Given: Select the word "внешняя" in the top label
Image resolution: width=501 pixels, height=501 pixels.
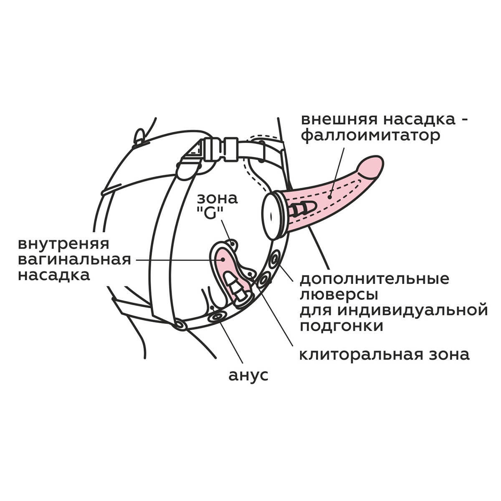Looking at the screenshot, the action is coord(339,120).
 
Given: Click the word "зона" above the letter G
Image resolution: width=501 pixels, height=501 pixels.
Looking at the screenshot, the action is coord(218,199).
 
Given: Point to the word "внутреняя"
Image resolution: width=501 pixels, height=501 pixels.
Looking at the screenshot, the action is coord(63,244).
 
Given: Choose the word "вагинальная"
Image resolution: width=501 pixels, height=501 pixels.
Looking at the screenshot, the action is coord(75,260).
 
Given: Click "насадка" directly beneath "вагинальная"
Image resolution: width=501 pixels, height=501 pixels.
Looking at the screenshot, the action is coord(54,276).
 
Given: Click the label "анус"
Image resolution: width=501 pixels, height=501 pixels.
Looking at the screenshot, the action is coord(248,375).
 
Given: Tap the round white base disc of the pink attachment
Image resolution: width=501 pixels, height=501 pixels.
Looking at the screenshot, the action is coord(272,214).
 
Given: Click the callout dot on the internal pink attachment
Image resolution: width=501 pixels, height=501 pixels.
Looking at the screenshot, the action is coord(223,259).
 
